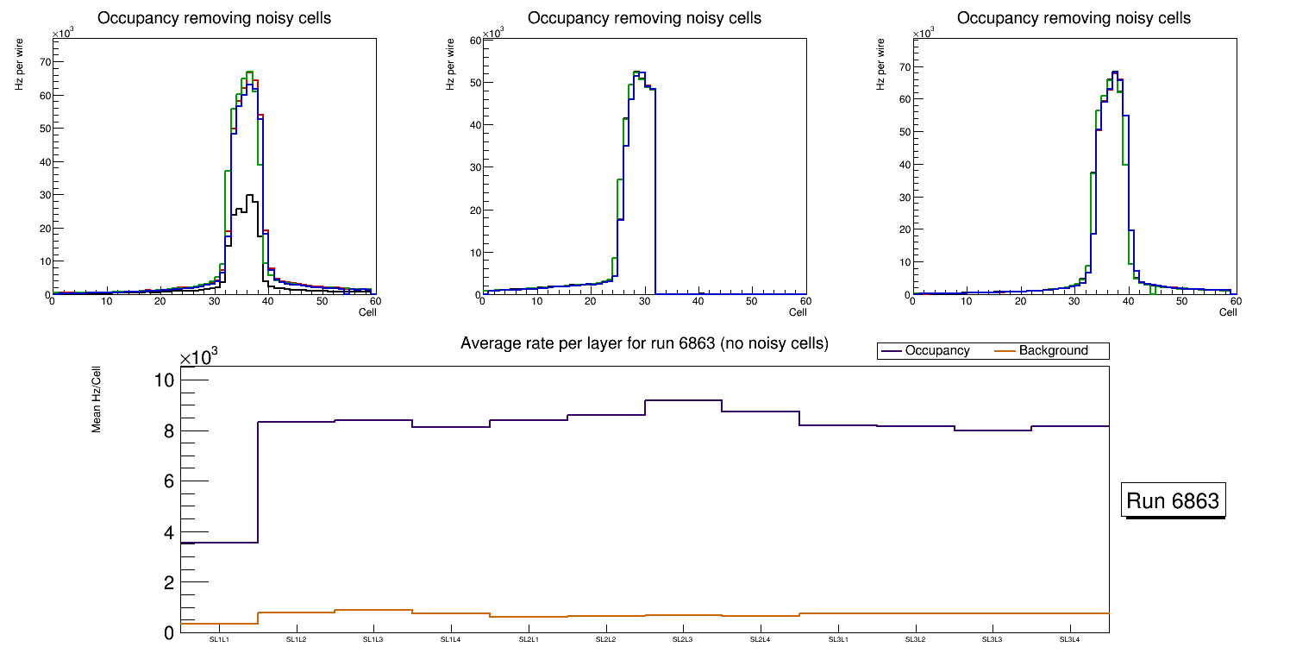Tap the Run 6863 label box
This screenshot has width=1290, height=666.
pos(1173,501)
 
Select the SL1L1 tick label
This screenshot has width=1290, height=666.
pos(219,639)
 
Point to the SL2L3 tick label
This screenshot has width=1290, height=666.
pos(683,639)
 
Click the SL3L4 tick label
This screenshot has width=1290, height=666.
pos(1069,639)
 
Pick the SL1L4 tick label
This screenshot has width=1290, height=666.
pos(451,639)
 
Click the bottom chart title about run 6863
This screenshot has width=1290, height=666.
pos(644,343)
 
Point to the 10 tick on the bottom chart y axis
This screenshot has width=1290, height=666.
pos(164,380)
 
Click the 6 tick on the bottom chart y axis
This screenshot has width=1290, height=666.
pos(168,481)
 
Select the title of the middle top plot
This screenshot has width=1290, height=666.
pos(644,18)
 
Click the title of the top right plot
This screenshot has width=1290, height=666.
pos(1074,18)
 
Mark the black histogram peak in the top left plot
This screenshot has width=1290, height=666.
pos(249,197)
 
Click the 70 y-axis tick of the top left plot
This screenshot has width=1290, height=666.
pos(43,62)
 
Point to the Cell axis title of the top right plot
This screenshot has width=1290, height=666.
pos(1228,312)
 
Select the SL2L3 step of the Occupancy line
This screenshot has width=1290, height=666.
pos(683,400)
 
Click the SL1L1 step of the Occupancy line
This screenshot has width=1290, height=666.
pos(219,543)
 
